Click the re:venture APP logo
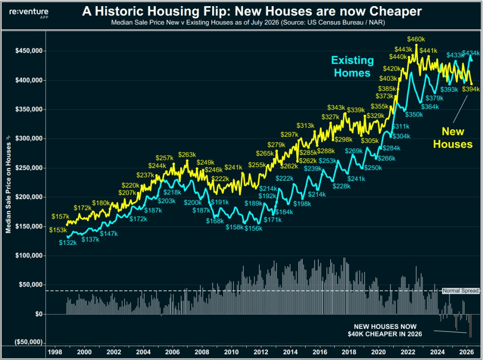coord(29,13)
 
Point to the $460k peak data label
coord(416,39)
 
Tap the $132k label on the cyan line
coord(68,243)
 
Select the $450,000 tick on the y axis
coord(29,51)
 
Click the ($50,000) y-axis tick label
coord(29,342)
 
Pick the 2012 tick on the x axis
coord(260,352)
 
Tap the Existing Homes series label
coord(352,67)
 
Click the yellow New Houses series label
coord(453,138)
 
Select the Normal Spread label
coord(460,291)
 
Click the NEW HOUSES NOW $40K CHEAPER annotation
coord(385,330)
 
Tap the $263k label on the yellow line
coord(187,154)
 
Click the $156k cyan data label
coord(253,228)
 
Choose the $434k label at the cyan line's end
coord(471,53)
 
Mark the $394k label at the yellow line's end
coord(471,89)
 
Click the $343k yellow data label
coord(336,107)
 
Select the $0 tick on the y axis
coord(39,314)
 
